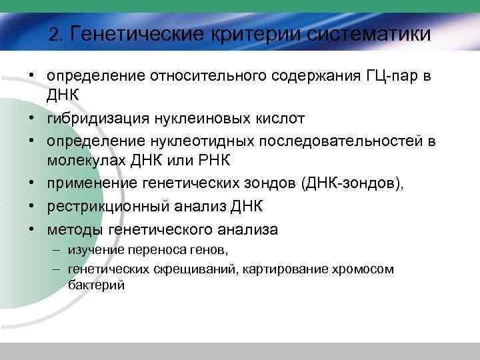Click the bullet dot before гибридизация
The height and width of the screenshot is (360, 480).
click(x=32, y=119)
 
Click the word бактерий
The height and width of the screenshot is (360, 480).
click(x=96, y=285)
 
